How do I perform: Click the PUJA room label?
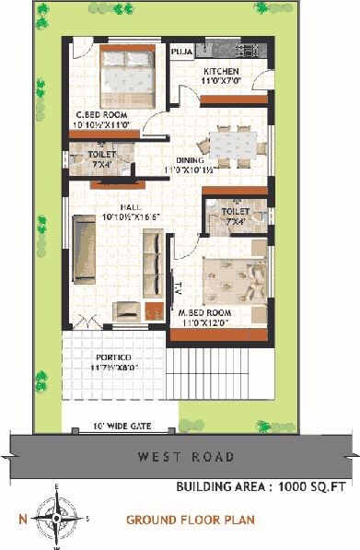coord(181,53)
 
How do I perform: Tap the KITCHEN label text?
coord(221,71)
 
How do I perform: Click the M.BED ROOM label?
coord(204,313)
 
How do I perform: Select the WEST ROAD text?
coord(186,455)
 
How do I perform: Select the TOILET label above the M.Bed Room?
coord(236,211)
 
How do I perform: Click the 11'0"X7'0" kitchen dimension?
coord(221,81)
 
